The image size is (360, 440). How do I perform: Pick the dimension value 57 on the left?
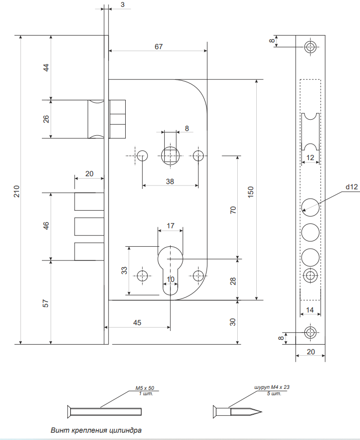46,302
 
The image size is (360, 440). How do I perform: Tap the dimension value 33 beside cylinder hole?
124,270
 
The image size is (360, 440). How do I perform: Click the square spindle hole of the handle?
170,156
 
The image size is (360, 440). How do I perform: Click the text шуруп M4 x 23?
272,387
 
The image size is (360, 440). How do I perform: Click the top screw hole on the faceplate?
310,47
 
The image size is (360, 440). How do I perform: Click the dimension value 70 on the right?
233,210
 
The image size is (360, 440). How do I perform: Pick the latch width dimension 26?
46,119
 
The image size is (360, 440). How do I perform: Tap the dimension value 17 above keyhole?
170,226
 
